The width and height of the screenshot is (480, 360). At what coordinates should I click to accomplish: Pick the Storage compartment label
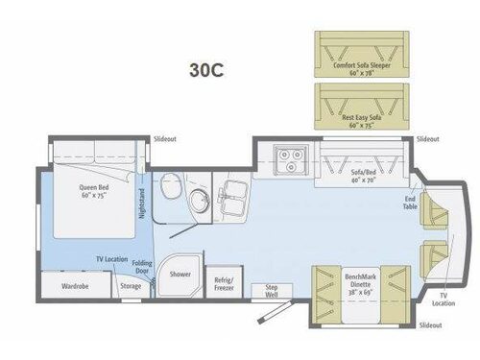(x=132, y=285)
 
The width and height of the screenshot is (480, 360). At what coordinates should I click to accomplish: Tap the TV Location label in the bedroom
(x=112, y=260)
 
